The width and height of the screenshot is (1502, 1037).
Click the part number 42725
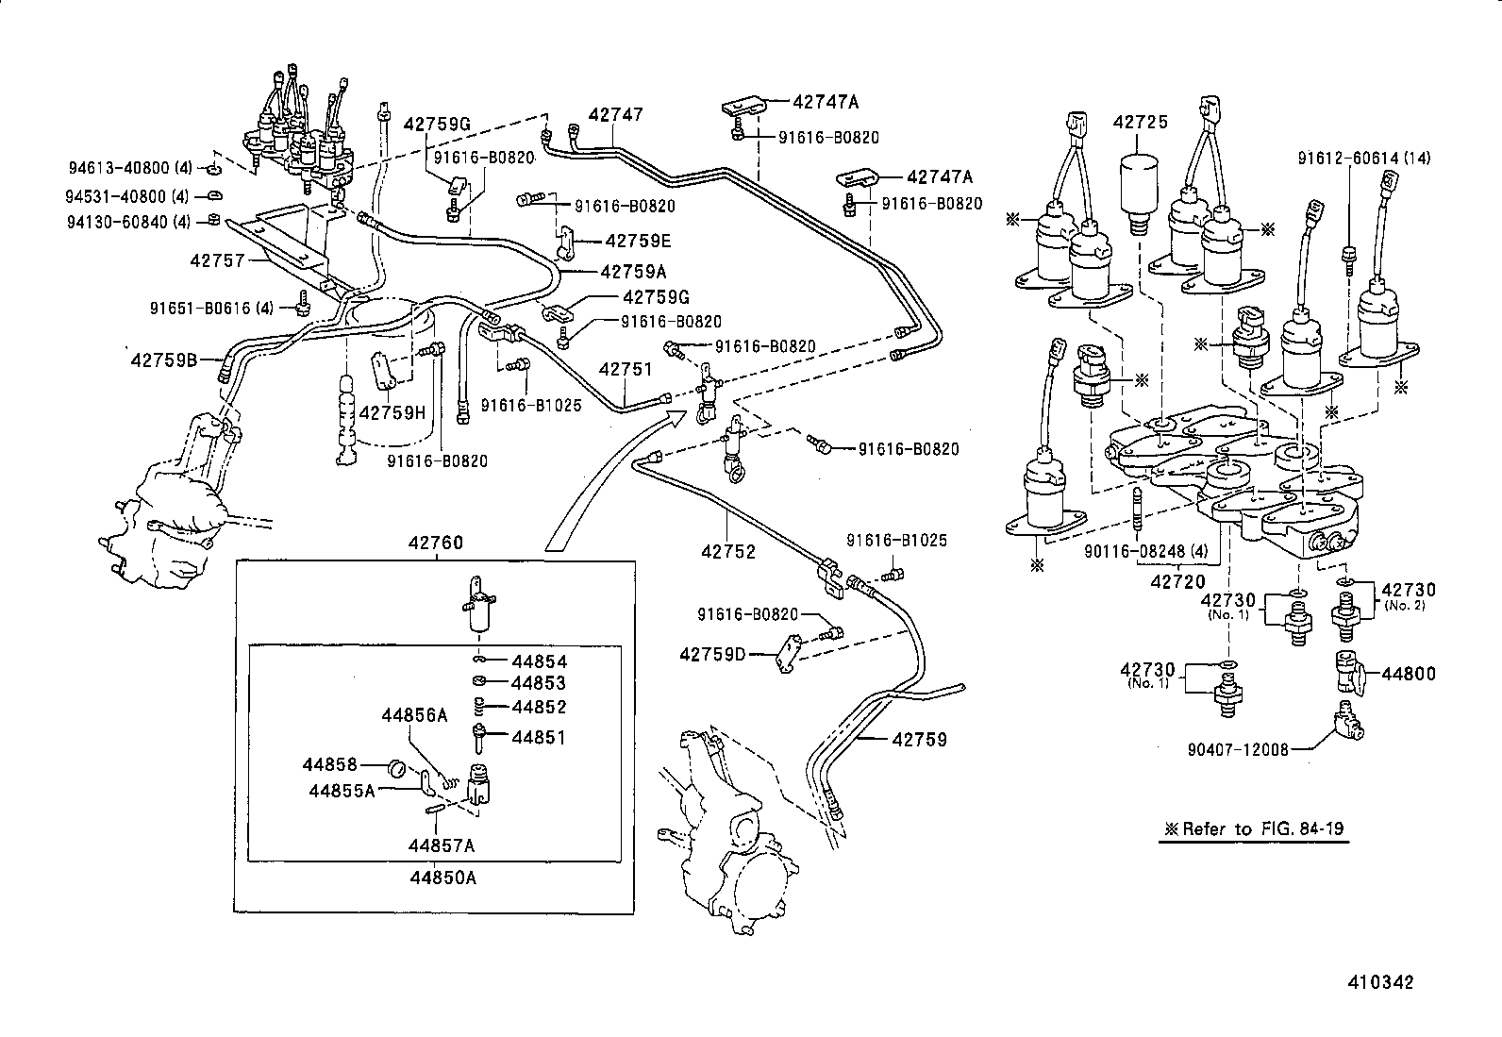pos(1140,122)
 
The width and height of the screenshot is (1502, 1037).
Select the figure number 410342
pos(1380,982)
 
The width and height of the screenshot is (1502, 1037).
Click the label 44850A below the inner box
pos(443,878)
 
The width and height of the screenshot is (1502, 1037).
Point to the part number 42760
pos(436,542)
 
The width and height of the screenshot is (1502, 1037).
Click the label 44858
pos(329,764)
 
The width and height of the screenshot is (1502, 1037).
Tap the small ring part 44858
pos(396,767)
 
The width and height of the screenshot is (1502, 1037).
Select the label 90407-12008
pos(1238,749)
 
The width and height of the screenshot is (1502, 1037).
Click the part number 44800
pos(1408,674)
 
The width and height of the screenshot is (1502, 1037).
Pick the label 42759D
pos(712,654)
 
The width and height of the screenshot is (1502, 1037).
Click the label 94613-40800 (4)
pos(130,167)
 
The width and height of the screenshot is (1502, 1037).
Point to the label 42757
pos(217,260)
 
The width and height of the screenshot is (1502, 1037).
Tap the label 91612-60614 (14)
pos(1364,159)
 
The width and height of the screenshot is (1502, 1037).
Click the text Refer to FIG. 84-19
pos(1262,828)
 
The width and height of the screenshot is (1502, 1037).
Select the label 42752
pos(728,551)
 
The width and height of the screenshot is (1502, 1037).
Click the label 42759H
pos(392,412)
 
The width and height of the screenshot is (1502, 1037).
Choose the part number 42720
pos(1178,581)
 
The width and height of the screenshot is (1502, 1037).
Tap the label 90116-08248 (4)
pos(1146,551)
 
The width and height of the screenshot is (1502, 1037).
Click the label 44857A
pos(442,845)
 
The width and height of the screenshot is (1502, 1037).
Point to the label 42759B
pos(164,360)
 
